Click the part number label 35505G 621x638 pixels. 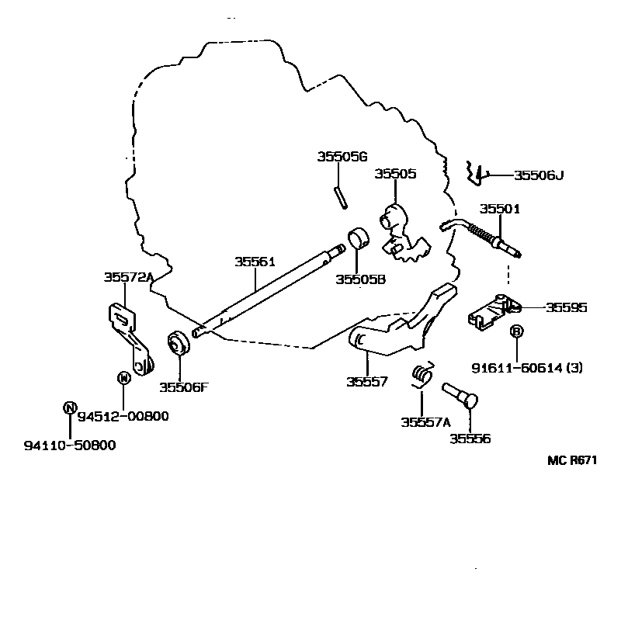pos(342,157)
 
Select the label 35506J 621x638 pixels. pos(539,175)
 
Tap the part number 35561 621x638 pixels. pos(255,262)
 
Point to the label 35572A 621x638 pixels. pos(129,277)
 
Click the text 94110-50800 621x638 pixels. pos(70,446)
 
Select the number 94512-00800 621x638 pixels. pos(123,416)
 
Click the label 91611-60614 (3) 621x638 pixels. pos(527,368)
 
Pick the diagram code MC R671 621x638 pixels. pos(572,460)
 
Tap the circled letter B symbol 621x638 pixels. pos(516,331)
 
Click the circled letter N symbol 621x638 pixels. pos(70,407)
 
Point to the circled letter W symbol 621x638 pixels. pos(123,378)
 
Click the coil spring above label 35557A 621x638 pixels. pos(422,375)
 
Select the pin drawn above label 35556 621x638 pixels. pos(460,395)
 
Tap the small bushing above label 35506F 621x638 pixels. pos(179,342)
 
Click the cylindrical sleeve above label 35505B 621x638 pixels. pos(358,238)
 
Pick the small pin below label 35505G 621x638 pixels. pos(341,197)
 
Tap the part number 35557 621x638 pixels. pos(367,382)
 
